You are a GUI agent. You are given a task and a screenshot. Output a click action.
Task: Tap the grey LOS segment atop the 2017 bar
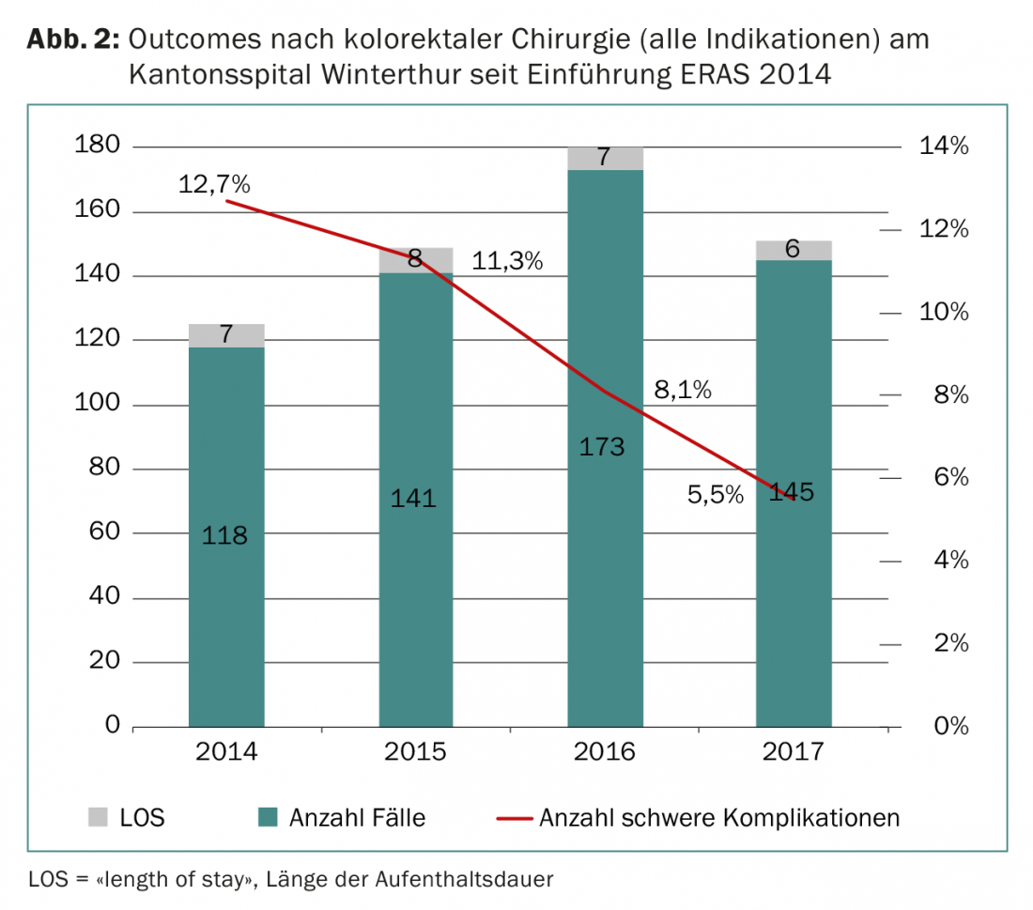point(794,250)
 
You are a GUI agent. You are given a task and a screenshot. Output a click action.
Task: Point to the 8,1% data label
point(683,390)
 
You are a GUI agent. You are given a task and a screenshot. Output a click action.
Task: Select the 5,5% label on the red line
point(716,494)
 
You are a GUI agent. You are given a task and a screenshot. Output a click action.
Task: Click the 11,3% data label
point(507,261)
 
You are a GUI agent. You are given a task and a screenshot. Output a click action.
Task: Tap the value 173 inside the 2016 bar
point(602,446)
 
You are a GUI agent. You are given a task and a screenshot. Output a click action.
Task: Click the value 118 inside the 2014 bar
point(225,535)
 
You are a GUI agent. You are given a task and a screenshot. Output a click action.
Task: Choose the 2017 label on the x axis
point(793,751)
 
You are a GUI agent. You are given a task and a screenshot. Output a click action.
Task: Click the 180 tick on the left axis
point(97,147)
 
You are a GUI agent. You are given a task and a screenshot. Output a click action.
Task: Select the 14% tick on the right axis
point(944,147)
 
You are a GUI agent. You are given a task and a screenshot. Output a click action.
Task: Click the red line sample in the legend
point(514,817)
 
